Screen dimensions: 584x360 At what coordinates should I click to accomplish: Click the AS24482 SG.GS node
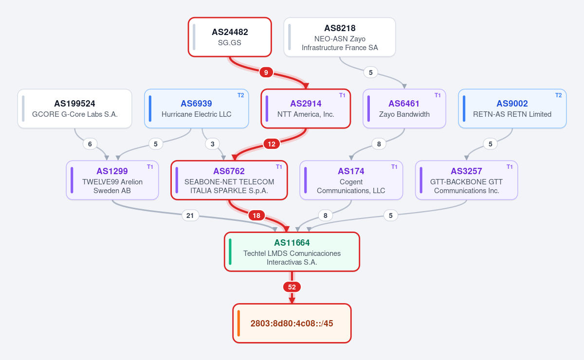(x=230, y=37)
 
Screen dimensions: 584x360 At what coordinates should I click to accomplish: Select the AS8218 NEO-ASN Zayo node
(x=340, y=37)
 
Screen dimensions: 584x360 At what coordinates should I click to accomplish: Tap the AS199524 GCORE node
(x=74, y=108)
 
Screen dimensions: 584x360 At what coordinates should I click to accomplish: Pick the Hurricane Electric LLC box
(x=196, y=108)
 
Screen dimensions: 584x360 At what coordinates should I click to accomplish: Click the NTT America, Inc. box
(x=306, y=108)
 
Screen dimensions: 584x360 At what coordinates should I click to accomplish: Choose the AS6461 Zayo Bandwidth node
(x=404, y=108)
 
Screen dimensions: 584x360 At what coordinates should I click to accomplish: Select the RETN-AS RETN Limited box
(x=512, y=108)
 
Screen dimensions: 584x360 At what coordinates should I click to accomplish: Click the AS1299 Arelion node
(x=112, y=180)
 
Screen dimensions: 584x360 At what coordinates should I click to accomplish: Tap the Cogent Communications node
(x=351, y=180)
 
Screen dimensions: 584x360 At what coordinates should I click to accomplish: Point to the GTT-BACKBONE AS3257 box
(x=466, y=180)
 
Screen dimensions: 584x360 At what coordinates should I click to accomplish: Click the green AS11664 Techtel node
(x=292, y=252)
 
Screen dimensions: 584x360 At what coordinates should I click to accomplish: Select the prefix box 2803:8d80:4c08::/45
(x=292, y=323)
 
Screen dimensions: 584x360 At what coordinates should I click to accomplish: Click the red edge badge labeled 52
(x=292, y=287)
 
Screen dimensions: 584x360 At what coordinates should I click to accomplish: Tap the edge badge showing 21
(x=190, y=216)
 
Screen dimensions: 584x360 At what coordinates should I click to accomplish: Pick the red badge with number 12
(x=272, y=144)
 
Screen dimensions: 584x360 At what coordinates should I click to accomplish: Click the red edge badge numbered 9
(x=266, y=72)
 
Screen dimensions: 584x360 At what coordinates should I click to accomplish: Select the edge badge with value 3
(x=213, y=144)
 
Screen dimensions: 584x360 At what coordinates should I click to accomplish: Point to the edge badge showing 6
(x=90, y=144)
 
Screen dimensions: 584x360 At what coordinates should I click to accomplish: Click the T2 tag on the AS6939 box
(x=240, y=95)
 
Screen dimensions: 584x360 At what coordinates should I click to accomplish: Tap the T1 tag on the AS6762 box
(x=279, y=167)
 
